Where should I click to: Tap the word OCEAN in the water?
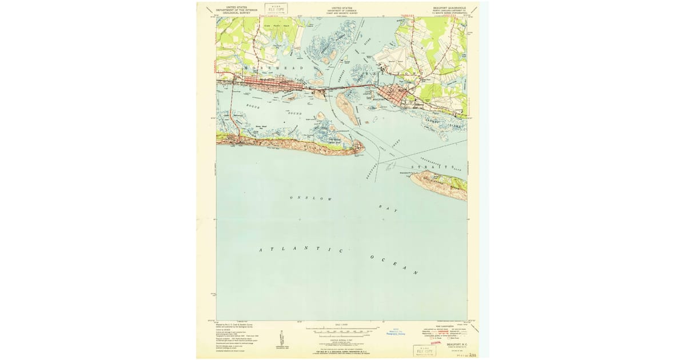coord(394,265)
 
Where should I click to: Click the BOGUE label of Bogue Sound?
coord(254,107)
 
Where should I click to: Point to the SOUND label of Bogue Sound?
coord(294,114)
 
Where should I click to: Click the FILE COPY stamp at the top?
coord(276,9)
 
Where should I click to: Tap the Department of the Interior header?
coord(233,10)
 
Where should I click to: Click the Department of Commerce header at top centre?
coord(342,10)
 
